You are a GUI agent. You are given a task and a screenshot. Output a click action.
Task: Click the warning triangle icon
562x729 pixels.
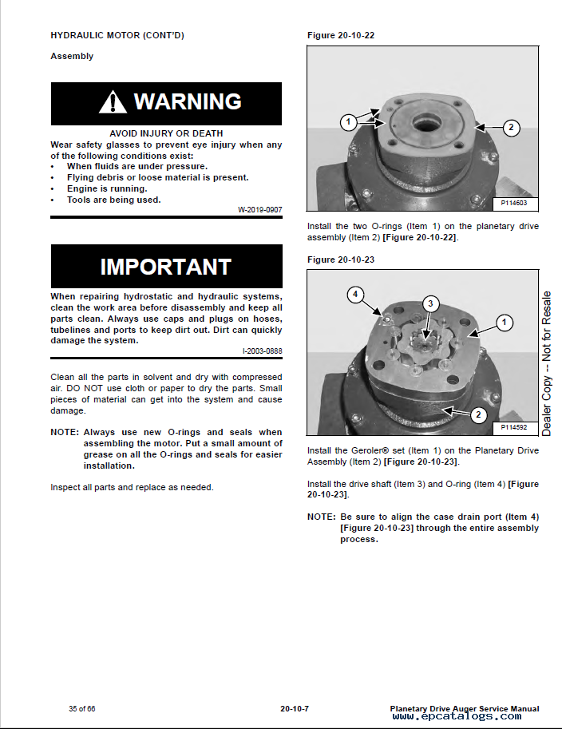113,102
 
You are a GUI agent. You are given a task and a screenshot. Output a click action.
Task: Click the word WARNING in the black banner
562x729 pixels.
188,101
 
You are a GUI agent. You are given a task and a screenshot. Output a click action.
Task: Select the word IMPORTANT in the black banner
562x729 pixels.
166,267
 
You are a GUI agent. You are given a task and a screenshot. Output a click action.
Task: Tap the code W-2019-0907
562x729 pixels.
260,210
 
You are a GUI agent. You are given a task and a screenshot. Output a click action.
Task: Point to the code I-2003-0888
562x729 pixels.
262,351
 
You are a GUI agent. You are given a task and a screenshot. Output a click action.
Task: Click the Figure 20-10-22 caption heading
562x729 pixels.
341,35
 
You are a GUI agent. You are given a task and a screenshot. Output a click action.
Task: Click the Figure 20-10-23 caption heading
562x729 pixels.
341,260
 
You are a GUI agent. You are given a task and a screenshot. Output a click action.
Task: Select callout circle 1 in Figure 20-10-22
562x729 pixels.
349,122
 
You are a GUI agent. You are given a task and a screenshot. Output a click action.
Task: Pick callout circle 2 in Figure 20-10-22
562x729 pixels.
512,128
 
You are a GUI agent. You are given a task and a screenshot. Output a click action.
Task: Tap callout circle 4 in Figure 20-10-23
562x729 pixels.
355,295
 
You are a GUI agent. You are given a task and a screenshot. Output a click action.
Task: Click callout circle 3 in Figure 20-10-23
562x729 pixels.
430,304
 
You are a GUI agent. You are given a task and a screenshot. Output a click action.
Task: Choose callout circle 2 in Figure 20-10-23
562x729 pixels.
478,414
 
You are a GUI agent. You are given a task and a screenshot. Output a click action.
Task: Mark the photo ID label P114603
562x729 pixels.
513,203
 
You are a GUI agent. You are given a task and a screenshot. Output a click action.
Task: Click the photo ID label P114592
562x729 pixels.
513,427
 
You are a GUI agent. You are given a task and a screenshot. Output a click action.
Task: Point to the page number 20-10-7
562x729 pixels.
295,708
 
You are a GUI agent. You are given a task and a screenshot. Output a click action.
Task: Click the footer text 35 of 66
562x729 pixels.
81,708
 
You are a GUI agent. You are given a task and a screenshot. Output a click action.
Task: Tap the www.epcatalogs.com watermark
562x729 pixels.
457,716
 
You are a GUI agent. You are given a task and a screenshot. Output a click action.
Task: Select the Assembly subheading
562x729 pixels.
72,56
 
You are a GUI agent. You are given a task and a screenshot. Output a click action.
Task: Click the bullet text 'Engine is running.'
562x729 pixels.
107,188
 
